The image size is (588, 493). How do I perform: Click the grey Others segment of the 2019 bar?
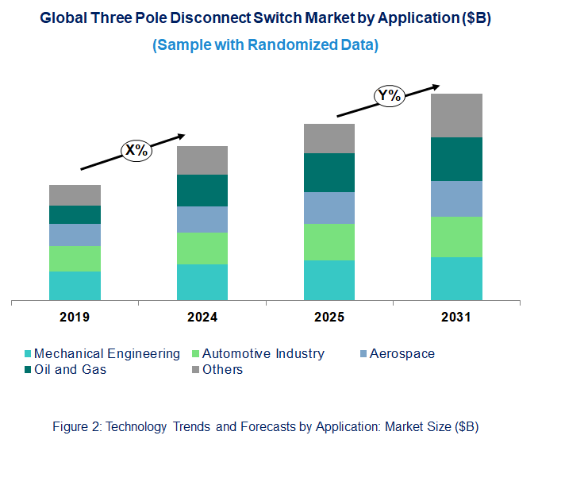75,195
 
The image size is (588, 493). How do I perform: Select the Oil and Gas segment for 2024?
202,191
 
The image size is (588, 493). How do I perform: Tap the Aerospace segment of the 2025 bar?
329,208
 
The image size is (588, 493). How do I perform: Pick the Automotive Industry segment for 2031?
456,237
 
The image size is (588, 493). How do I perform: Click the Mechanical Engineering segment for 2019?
75,286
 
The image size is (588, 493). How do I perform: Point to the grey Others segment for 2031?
456,115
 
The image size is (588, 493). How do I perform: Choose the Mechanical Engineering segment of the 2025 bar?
329,280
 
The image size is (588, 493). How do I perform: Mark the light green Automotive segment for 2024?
202,248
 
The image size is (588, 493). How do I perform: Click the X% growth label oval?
135,149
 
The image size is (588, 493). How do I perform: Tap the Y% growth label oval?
390,97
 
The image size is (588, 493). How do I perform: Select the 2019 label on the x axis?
75,318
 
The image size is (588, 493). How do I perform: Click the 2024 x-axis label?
202,318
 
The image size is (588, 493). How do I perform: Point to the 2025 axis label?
329,318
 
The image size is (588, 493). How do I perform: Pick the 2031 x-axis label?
456,318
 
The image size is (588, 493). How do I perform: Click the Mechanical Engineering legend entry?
106,354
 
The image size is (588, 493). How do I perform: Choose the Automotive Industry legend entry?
263,354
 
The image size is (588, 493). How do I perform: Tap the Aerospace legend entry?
402,354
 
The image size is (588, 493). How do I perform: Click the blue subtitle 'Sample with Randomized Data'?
265,45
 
